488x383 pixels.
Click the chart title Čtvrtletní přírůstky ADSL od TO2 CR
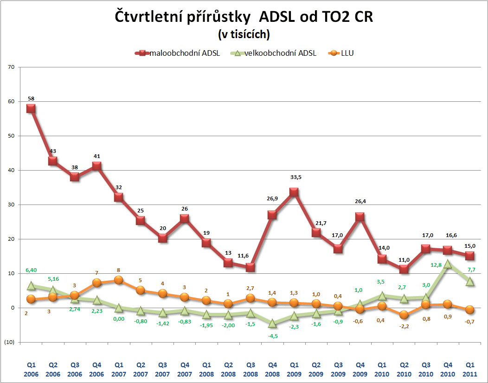pyautogui.click(x=244, y=17)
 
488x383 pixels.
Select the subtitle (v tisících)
pyautogui.click(x=244, y=34)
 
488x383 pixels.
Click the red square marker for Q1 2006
pyautogui.click(x=31, y=108)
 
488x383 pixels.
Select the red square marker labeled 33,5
pyautogui.click(x=294, y=192)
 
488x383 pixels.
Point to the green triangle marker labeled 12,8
pyautogui.click(x=448, y=264)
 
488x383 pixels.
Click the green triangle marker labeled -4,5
pyautogui.click(x=272, y=323)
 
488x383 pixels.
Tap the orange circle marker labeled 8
pyautogui.click(x=119, y=280)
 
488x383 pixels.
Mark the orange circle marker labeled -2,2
pyautogui.click(x=404, y=315)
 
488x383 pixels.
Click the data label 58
pyautogui.click(x=31, y=99)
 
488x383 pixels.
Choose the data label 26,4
pyautogui.click(x=360, y=202)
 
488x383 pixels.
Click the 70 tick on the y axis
pyautogui.click(x=11, y=67)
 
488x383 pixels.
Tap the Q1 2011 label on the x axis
pyautogui.click(x=469, y=370)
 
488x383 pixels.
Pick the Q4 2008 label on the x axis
pyautogui.click(x=272, y=370)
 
